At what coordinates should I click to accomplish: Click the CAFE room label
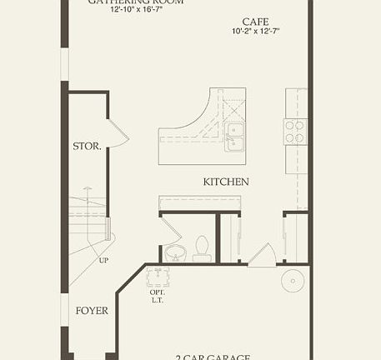click(255, 21)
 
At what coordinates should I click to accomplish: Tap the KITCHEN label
click(226, 182)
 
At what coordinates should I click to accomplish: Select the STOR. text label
click(87, 147)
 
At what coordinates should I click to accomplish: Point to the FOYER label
click(92, 311)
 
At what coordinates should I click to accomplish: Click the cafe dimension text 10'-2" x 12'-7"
click(255, 32)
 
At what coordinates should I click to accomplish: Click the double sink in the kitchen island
click(234, 137)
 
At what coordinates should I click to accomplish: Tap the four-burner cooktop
click(295, 131)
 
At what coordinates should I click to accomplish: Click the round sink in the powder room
click(174, 252)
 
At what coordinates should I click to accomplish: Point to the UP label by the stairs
click(104, 261)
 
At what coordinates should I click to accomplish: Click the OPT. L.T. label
click(158, 297)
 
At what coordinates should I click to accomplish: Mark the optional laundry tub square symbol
click(158, 277)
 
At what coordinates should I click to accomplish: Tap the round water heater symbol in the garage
click(293, 281)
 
